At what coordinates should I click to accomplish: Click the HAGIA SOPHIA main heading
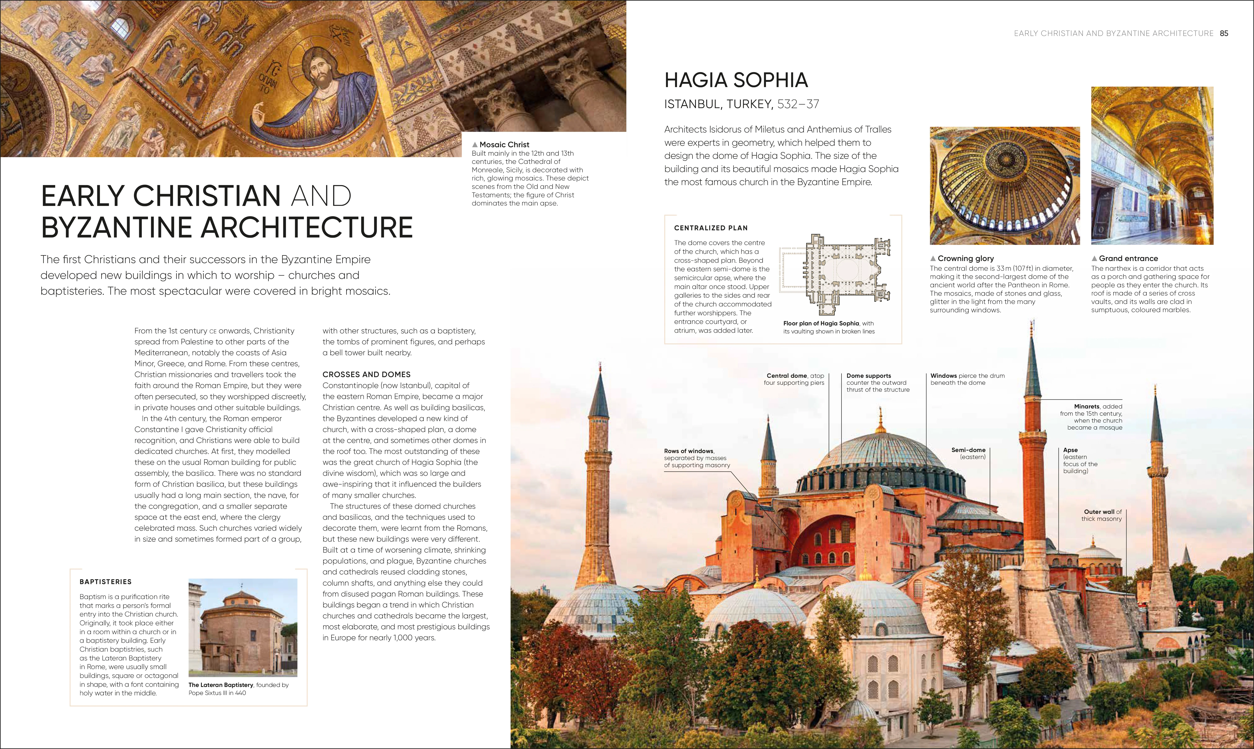(736, 80)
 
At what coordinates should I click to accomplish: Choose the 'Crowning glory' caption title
(965, 259)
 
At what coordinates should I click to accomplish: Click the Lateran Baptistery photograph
(243, 627)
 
